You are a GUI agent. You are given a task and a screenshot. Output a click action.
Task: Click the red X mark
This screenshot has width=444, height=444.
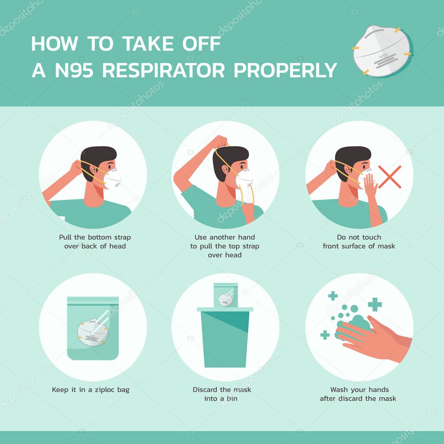(x=389, y=176)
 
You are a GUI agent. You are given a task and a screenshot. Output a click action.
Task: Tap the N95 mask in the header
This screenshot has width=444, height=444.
(x=381, y=51)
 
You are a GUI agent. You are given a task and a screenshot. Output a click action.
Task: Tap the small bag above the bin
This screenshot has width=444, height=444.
(x=226, y=295)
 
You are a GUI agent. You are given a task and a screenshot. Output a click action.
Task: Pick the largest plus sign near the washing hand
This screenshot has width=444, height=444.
(x=375, y=304)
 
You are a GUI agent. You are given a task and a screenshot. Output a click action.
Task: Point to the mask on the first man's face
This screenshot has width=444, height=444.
(x=112, y=178)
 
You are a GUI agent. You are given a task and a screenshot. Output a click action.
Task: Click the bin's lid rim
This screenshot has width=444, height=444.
(x=225, y=309)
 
